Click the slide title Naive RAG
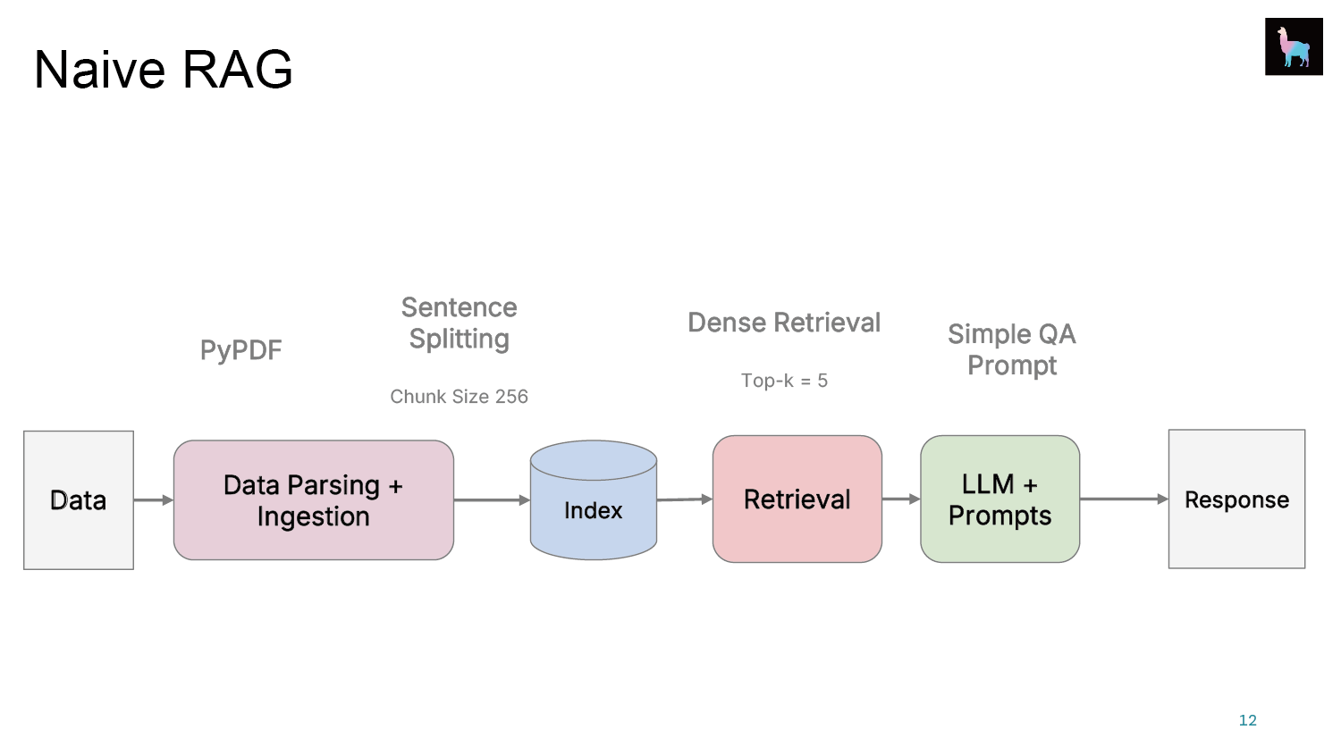pos(163,70)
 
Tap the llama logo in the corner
pos(1294,46)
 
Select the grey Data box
pos(79,500)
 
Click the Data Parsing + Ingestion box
pos(314,500)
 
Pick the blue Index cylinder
pos(594,500)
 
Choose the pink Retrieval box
pos(797,499)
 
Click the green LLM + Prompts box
pos(999,499)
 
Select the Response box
pos(1236,499)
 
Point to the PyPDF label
pos(240,350)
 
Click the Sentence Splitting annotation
pos(460,323)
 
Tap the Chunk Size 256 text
pos(460,396)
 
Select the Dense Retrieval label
pos(784,323)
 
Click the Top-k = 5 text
pos(784,381)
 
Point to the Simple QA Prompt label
pos(1012,349)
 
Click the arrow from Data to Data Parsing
pos(154,499)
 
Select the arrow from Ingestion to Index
pos(492,499)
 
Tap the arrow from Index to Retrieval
pos(685,499)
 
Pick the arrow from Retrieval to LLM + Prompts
pos(901,499)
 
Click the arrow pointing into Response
pos(1125,499)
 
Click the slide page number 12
pos(1248,720)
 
